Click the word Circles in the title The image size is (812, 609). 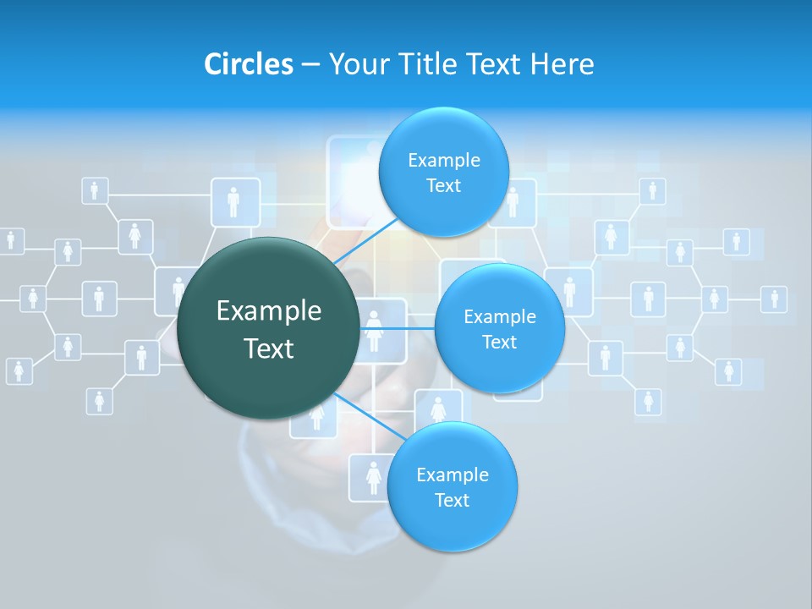[x=248, y=64]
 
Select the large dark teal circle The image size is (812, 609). [x=269, y=372]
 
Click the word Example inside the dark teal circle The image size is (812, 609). [x=269, y=311]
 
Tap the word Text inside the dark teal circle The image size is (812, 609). [x=269, y=348]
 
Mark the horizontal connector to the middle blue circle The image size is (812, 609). [x=398, y=328]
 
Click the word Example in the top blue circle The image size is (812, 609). [x=444, y=161]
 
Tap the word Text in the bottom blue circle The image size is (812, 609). [x=452, y=501]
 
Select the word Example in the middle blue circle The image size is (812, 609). [x=499, y=317]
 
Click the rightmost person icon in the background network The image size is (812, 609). [x=773, y=299]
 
